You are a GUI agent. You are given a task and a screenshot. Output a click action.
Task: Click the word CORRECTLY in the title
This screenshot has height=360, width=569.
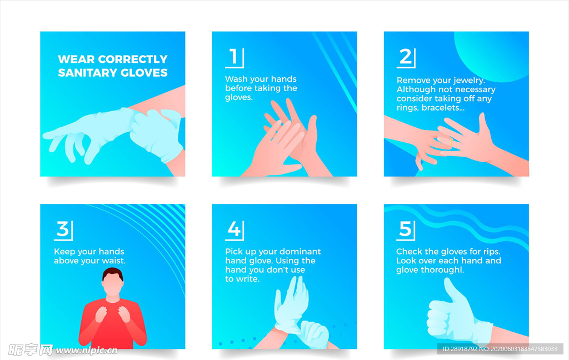point(133,59)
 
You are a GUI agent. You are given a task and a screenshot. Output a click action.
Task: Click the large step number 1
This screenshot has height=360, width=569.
point(233,57)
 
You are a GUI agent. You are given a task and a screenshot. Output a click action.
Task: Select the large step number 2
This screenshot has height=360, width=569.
point(405,57)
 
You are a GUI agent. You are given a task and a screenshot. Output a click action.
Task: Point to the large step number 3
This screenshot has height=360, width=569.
point(62,229)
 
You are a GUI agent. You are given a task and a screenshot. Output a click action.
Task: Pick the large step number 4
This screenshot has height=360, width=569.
point(234,229)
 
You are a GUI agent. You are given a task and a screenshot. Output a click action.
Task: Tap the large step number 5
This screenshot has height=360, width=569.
point(405,229)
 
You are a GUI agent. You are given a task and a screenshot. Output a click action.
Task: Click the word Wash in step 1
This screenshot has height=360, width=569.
point(236,79)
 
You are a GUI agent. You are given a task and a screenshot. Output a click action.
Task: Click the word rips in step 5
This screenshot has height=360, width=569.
point(492,252)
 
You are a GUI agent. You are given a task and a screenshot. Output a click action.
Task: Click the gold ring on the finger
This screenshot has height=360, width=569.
point(451,143)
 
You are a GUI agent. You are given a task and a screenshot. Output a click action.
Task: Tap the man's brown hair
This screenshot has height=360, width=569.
point(112,274)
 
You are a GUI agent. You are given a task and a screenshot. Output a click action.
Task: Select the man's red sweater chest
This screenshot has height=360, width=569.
point(112,319)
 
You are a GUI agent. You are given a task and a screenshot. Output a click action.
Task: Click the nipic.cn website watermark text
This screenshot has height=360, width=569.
point(86,351)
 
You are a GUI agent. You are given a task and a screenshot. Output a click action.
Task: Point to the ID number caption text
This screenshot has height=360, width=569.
point(500,349)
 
